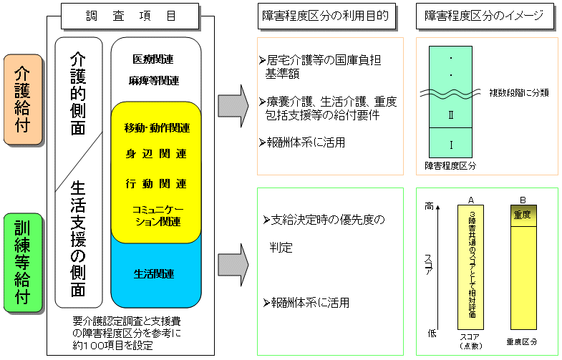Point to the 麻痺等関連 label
click(x=154, y=80)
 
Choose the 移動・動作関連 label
click(x=157, y=128)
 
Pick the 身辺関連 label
click(x=155, y=154)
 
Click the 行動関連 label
click(x=155, y=183)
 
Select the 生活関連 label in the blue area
click(x=155, y=273)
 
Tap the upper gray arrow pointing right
click(x=233, y=104)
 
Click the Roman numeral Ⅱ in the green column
click(x=451, y=115)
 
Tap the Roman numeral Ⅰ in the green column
click(x=451, y=145)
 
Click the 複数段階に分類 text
click(x=519, y=92)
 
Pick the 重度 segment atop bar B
click(x=522, y=214)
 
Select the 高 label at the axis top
click(x=430, y=206)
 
